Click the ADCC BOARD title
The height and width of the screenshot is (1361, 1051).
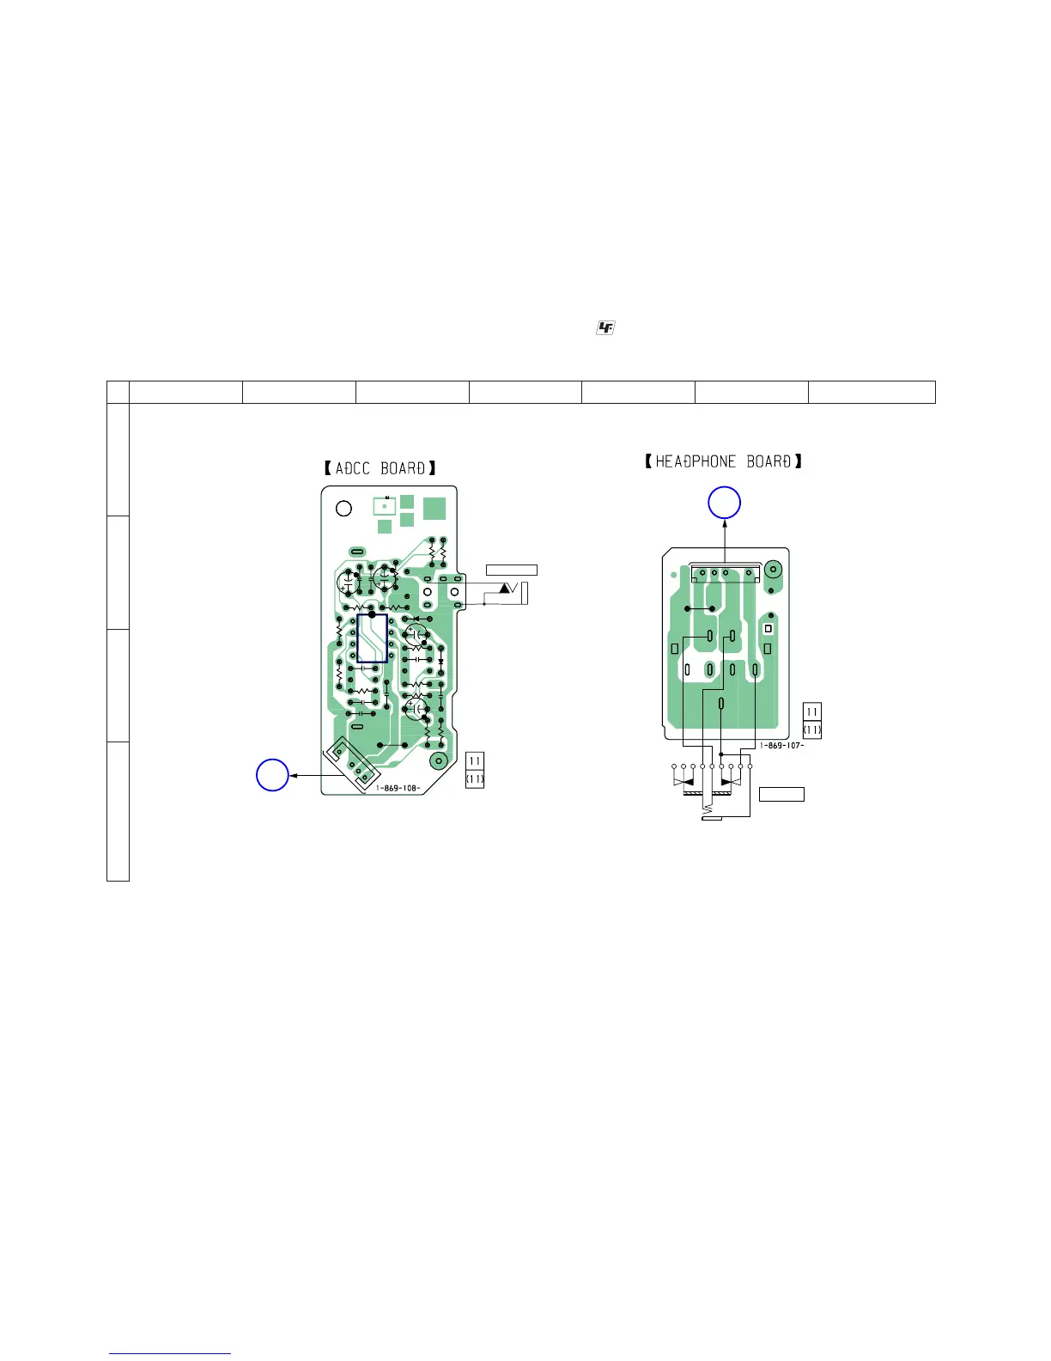380,468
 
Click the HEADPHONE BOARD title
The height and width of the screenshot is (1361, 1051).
724,461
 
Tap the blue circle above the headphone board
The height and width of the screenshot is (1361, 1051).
724,503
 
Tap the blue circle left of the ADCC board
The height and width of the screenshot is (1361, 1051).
272,775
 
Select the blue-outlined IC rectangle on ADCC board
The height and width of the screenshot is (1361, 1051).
372,638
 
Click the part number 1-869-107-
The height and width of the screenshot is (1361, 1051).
781,745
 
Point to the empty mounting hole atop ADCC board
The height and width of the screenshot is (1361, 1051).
343,508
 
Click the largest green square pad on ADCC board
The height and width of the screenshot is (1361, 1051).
434,507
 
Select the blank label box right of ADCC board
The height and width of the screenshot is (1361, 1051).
512,570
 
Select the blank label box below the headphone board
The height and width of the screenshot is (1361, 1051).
781,794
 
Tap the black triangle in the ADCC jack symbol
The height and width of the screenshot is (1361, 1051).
505,589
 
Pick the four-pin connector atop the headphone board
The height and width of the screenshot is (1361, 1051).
726,573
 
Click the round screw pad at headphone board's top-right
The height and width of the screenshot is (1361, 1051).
772,569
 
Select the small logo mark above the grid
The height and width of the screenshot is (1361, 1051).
605,327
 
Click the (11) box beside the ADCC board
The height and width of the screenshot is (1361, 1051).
474,779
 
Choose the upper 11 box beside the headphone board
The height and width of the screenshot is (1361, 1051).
812,712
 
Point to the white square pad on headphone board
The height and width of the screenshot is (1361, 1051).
768,629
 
